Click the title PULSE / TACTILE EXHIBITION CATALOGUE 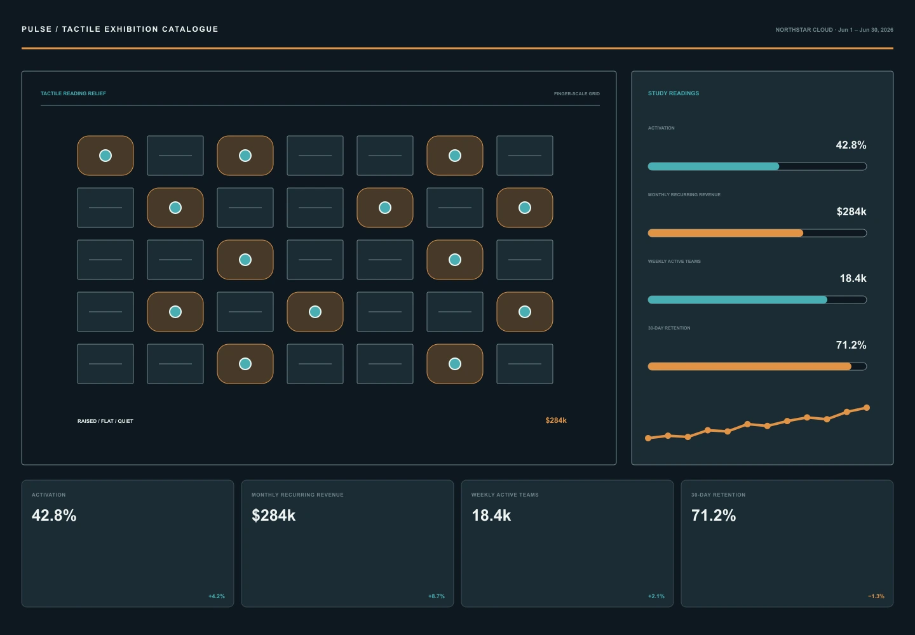coord(119,29)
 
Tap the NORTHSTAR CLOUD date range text coord(834,30)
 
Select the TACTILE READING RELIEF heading coord(73,93)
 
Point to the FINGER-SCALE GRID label coord(576,94)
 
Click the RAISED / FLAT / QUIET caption coord(105,421)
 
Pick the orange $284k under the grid coord(556,420)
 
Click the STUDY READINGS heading coord(673,93)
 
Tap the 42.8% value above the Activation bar coord(851,145)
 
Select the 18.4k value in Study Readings coord(853,278)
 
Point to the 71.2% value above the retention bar coord(851,345)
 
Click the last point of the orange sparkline coord(867,408)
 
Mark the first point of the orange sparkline coord(648,438)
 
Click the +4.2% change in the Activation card coord(217,596)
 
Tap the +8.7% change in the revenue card coord(437,596)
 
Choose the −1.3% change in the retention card coord(876,596)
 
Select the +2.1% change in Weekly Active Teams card coord(656,596)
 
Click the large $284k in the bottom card coord(273,516)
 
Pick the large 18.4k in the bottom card coord(491,516)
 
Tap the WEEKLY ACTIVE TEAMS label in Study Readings coord(674,261)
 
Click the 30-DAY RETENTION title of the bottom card coord(718,495)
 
